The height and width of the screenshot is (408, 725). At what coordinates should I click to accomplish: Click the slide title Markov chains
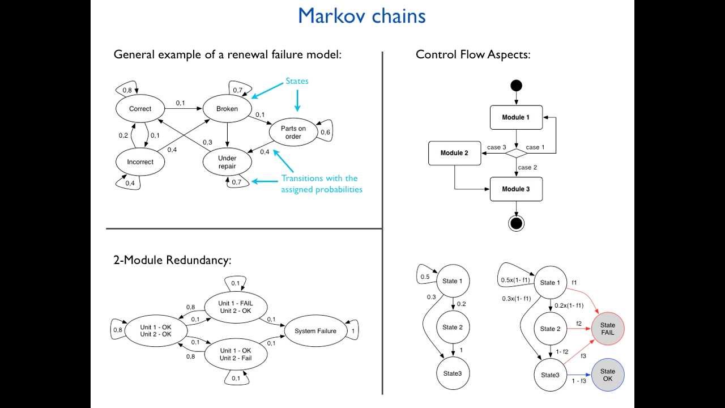(361, 16)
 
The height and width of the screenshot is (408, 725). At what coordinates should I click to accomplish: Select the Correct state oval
(140, 109)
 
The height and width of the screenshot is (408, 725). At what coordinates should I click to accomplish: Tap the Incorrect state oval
(140, 162)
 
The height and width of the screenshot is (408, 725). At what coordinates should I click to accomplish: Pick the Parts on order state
(293, 133)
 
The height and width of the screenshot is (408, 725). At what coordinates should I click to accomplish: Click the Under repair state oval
(227, 162)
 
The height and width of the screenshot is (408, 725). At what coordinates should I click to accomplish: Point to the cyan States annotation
(297, 81)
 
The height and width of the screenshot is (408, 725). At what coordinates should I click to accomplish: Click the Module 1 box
(516, 117)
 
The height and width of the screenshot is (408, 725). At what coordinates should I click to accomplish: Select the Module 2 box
(454, 153)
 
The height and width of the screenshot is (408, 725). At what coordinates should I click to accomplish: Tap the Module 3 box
(516, 189)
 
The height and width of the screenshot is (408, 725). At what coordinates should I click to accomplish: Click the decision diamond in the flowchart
(516, 153)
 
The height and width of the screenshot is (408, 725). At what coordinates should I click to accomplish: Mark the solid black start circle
(516, 86)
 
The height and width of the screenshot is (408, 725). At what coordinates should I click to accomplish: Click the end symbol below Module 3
(516, 223)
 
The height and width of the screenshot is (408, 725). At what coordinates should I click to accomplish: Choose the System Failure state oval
(315, 331)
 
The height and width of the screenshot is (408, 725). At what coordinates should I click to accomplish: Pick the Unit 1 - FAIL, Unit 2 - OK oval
(236, 307)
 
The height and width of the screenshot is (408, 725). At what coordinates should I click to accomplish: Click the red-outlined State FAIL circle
(608, 329)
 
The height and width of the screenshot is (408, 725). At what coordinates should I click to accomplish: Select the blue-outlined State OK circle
(608, 375)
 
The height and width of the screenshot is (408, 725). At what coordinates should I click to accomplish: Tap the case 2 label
(527, 168)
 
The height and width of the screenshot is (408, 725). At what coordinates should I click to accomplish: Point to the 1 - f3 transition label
(579, 381)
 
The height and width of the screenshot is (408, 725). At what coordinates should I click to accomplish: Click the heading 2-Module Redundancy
(173, 260)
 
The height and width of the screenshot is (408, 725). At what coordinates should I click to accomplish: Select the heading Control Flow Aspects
(473, 54)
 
